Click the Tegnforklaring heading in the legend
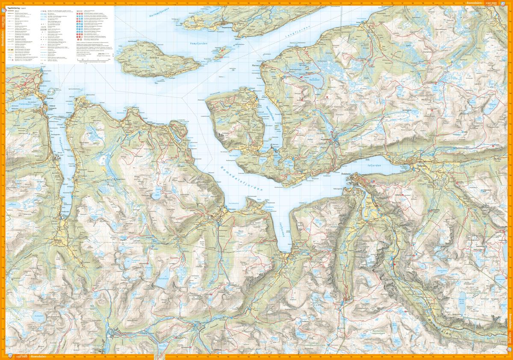(x=18, y=9)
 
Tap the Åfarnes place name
(x=255, y=66)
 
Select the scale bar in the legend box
(x=92, y=60)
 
